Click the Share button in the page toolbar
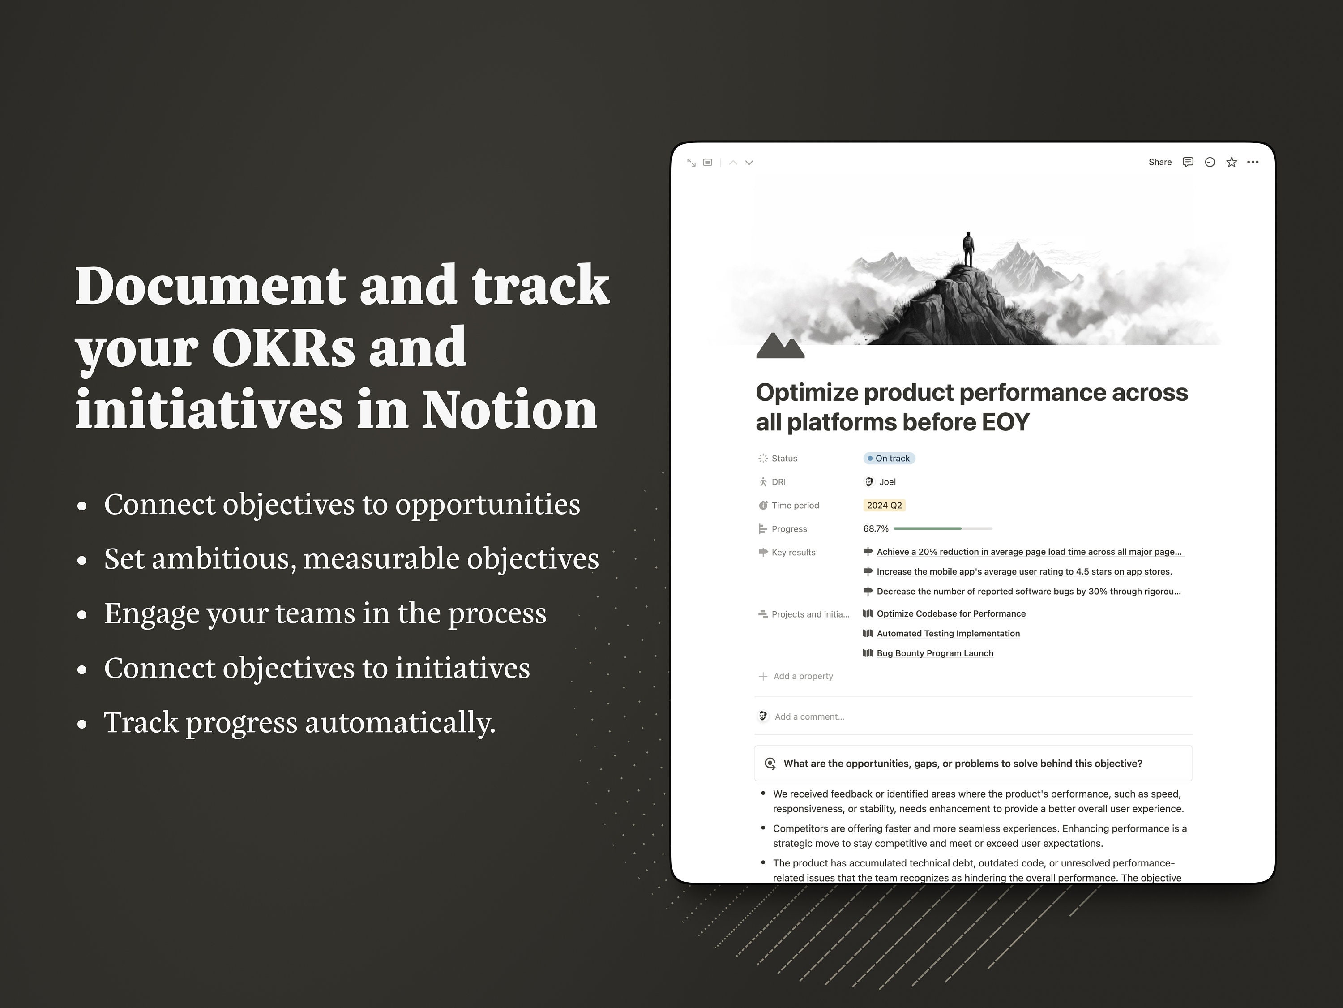1159,162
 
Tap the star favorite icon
1231,162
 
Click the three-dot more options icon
1253,162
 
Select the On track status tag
889,459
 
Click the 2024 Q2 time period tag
884,505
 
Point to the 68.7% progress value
876,529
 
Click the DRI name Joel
887,482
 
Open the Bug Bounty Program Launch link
935,653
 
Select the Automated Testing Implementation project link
948,633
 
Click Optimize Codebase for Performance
951,614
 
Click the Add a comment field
809,716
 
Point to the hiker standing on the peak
968,249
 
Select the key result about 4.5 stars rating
1024,571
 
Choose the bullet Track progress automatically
300,723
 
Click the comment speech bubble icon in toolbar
1188,162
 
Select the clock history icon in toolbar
1210,162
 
